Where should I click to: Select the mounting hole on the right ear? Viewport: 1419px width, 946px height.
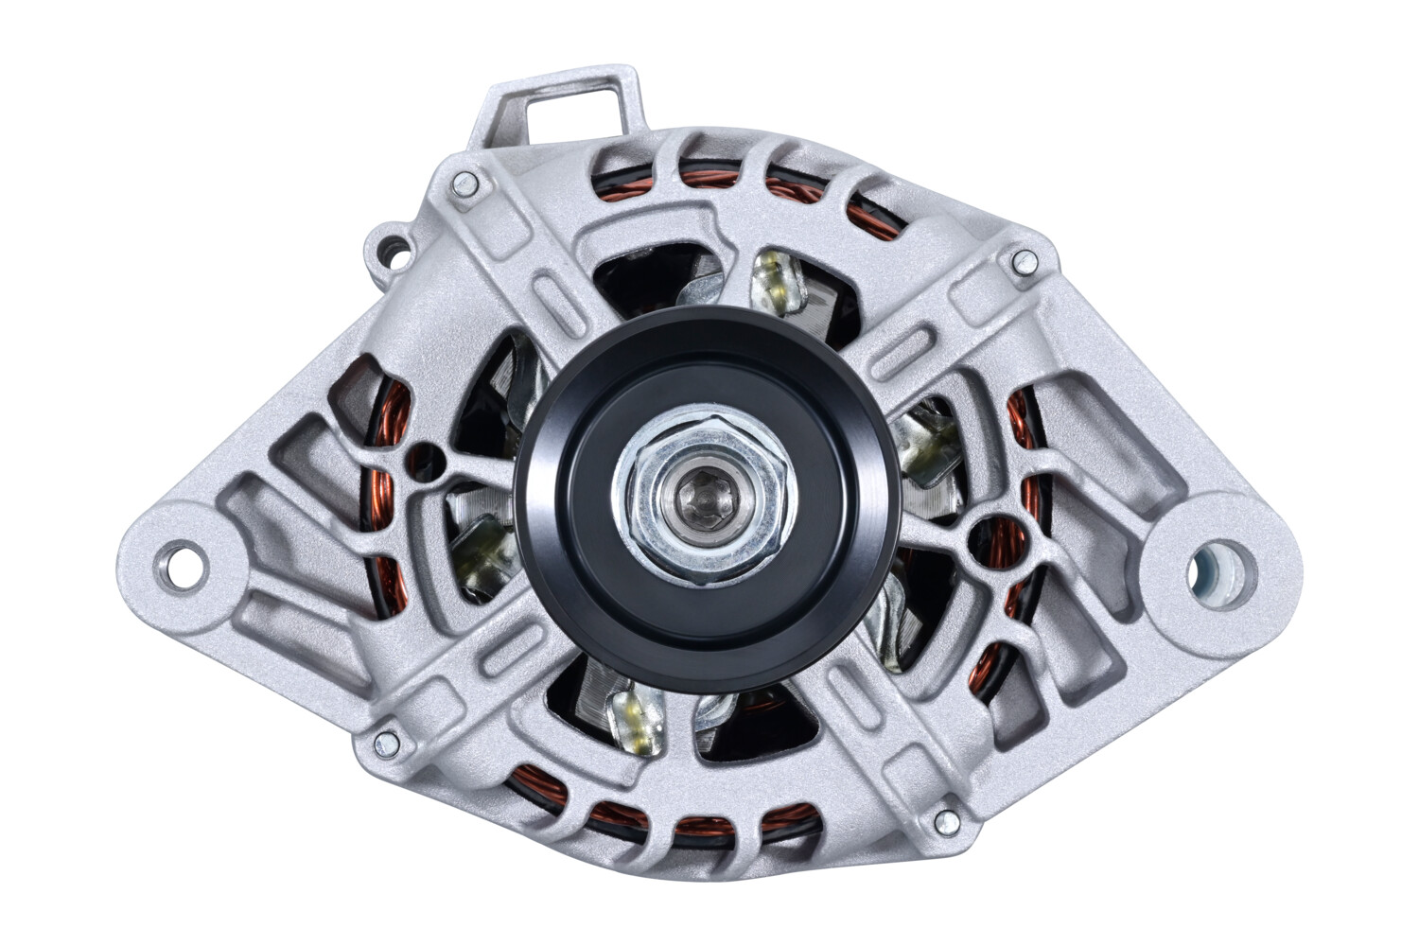1220,569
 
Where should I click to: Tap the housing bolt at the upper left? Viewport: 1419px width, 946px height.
463,184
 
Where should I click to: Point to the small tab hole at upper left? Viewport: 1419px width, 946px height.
394,250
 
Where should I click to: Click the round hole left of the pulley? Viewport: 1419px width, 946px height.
427,461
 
